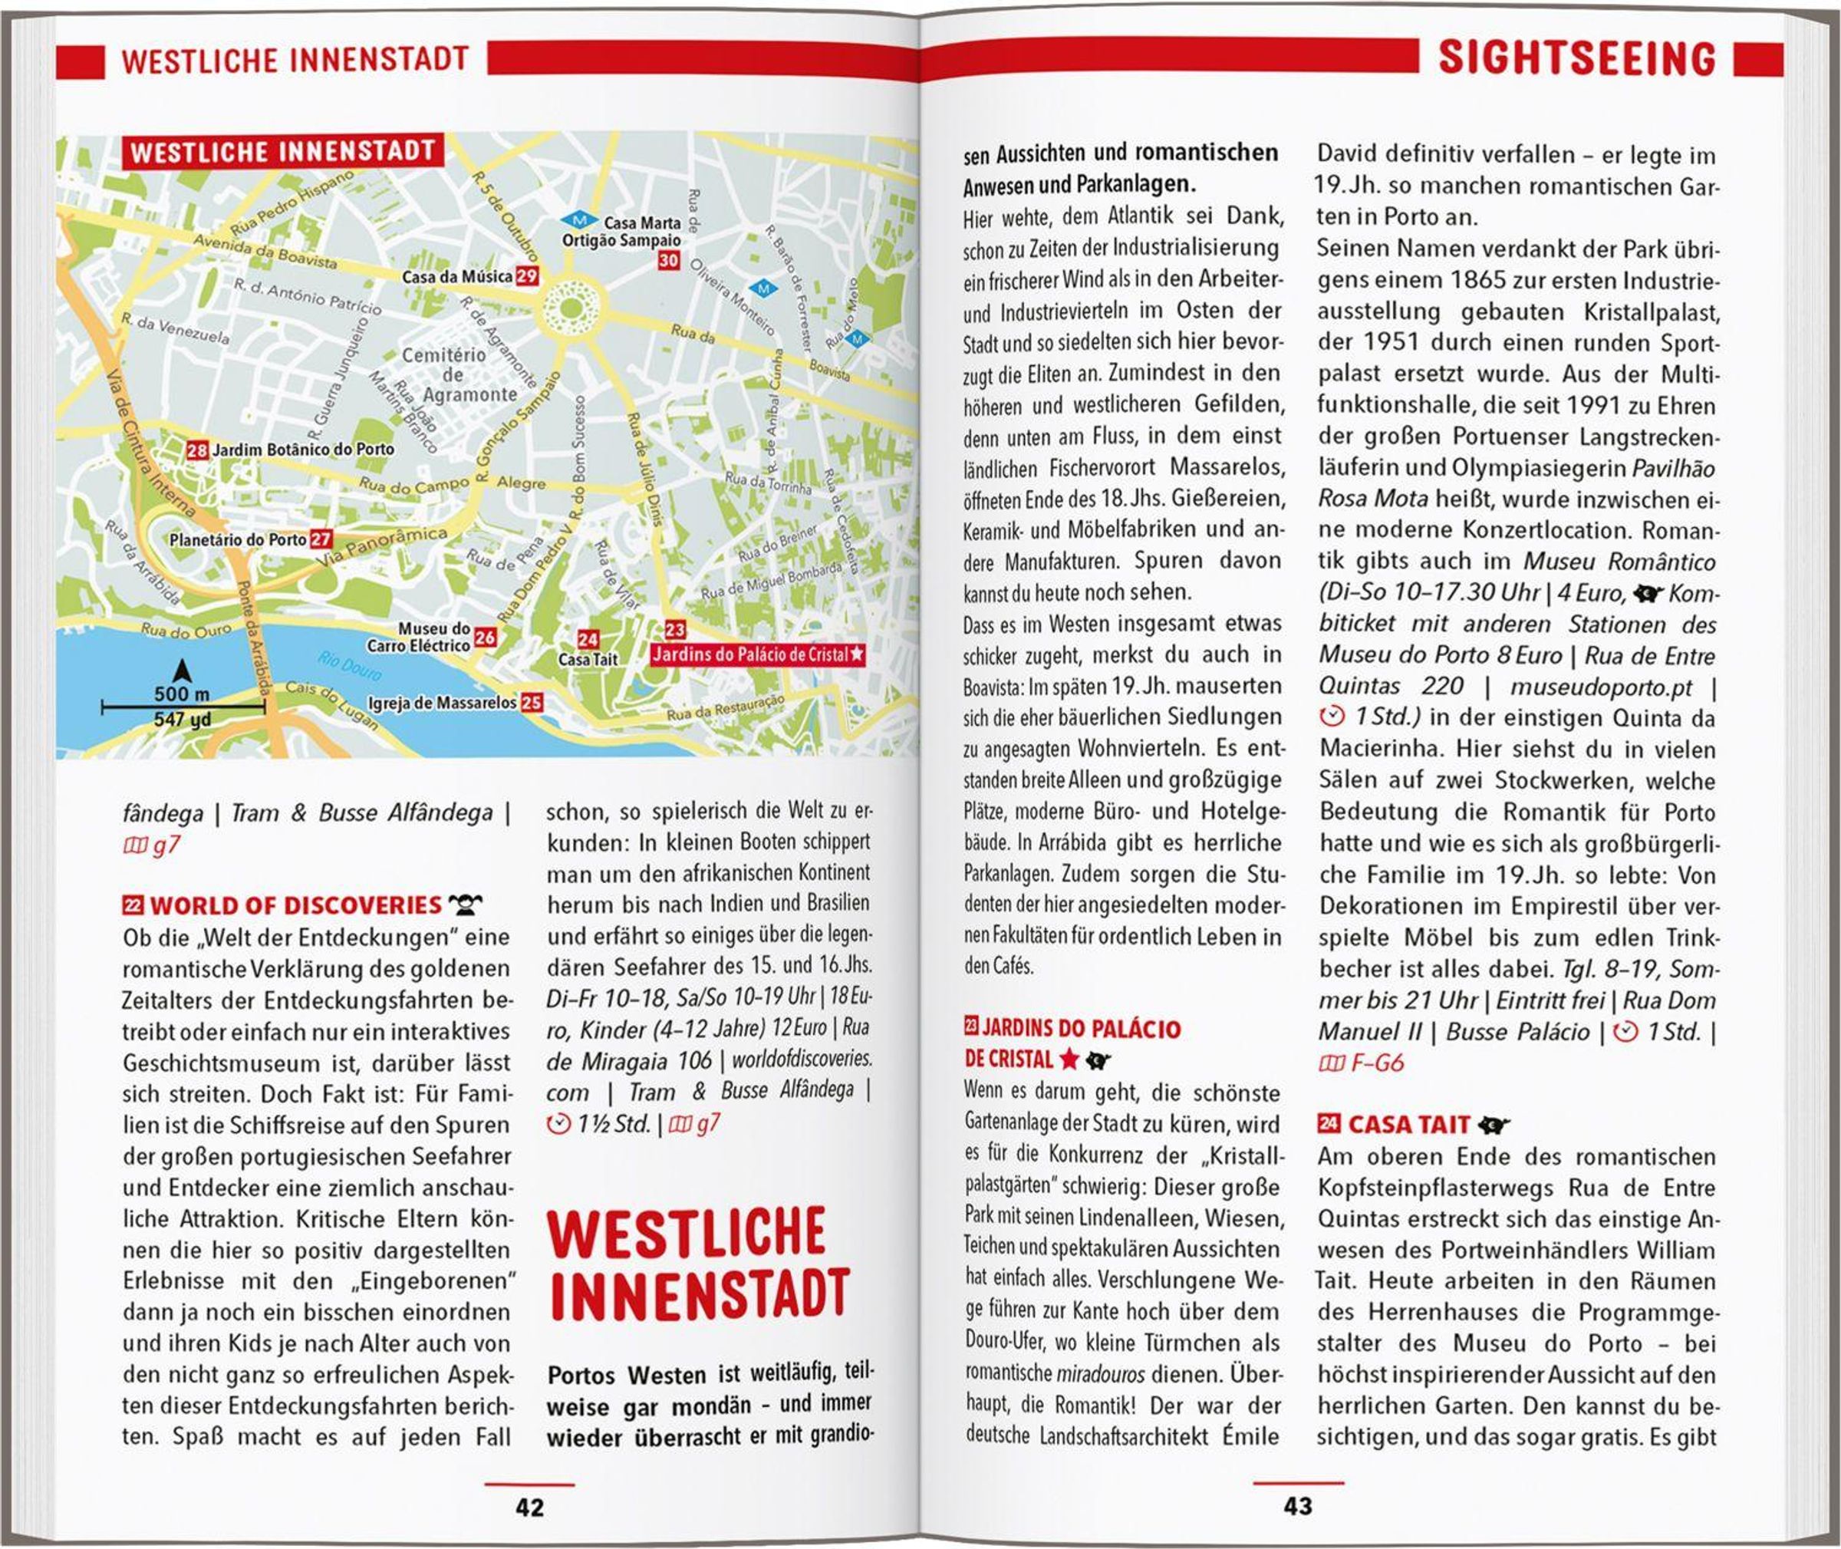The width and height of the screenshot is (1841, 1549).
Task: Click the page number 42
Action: pos(529,1508)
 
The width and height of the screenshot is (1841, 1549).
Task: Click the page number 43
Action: pos(1298,1507)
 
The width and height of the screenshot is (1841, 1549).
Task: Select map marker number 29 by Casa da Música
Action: pos(527,275)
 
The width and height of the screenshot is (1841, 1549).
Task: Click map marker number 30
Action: pos(668,260)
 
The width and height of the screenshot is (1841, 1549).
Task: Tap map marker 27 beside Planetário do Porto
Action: pos(321,539)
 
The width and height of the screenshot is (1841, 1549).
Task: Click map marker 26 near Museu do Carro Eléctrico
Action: pos(485,638)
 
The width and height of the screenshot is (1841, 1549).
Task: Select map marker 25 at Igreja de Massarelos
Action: pos(531,703)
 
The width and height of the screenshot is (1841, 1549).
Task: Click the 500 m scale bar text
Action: pos(182,694)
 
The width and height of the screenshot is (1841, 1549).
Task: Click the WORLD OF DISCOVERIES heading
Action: pos(296,905)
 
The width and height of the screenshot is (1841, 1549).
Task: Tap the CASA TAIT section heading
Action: pos(1409,1125)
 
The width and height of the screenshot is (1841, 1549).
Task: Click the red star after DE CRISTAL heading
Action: pos(1069,1059)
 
